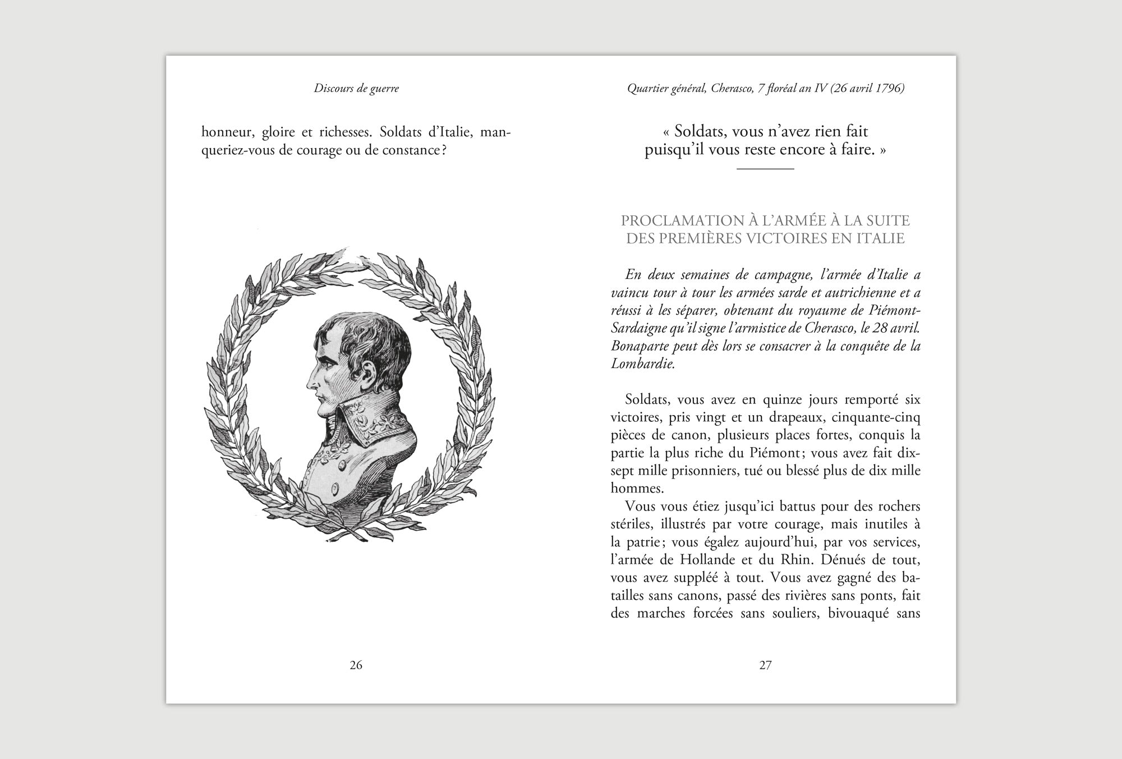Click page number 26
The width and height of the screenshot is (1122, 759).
[356, 665]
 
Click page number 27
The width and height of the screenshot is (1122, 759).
[765, 665]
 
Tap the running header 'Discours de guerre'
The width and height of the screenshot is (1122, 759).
[356, 88]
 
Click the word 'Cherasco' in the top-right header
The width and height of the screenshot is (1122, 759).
[731, 88]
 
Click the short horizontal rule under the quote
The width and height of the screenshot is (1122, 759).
[765, 168]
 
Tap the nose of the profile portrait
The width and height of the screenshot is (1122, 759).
[310, 382]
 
